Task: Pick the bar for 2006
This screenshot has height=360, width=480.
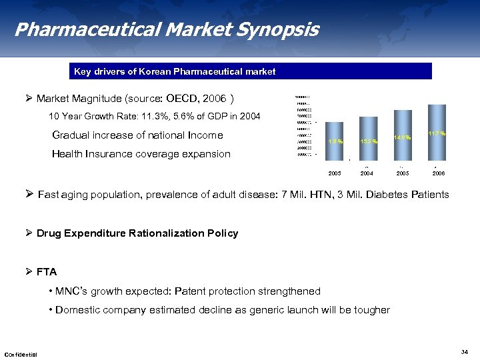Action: tap(437, 131)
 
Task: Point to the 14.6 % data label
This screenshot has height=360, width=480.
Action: tap(403, 137)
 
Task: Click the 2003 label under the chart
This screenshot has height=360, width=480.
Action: tap(335, 173)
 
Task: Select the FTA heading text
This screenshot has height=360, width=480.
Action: tap(47, 272)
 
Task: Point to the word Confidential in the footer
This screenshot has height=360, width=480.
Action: tap(21, 354)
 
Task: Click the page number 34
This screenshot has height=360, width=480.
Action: tap(465, 351)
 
